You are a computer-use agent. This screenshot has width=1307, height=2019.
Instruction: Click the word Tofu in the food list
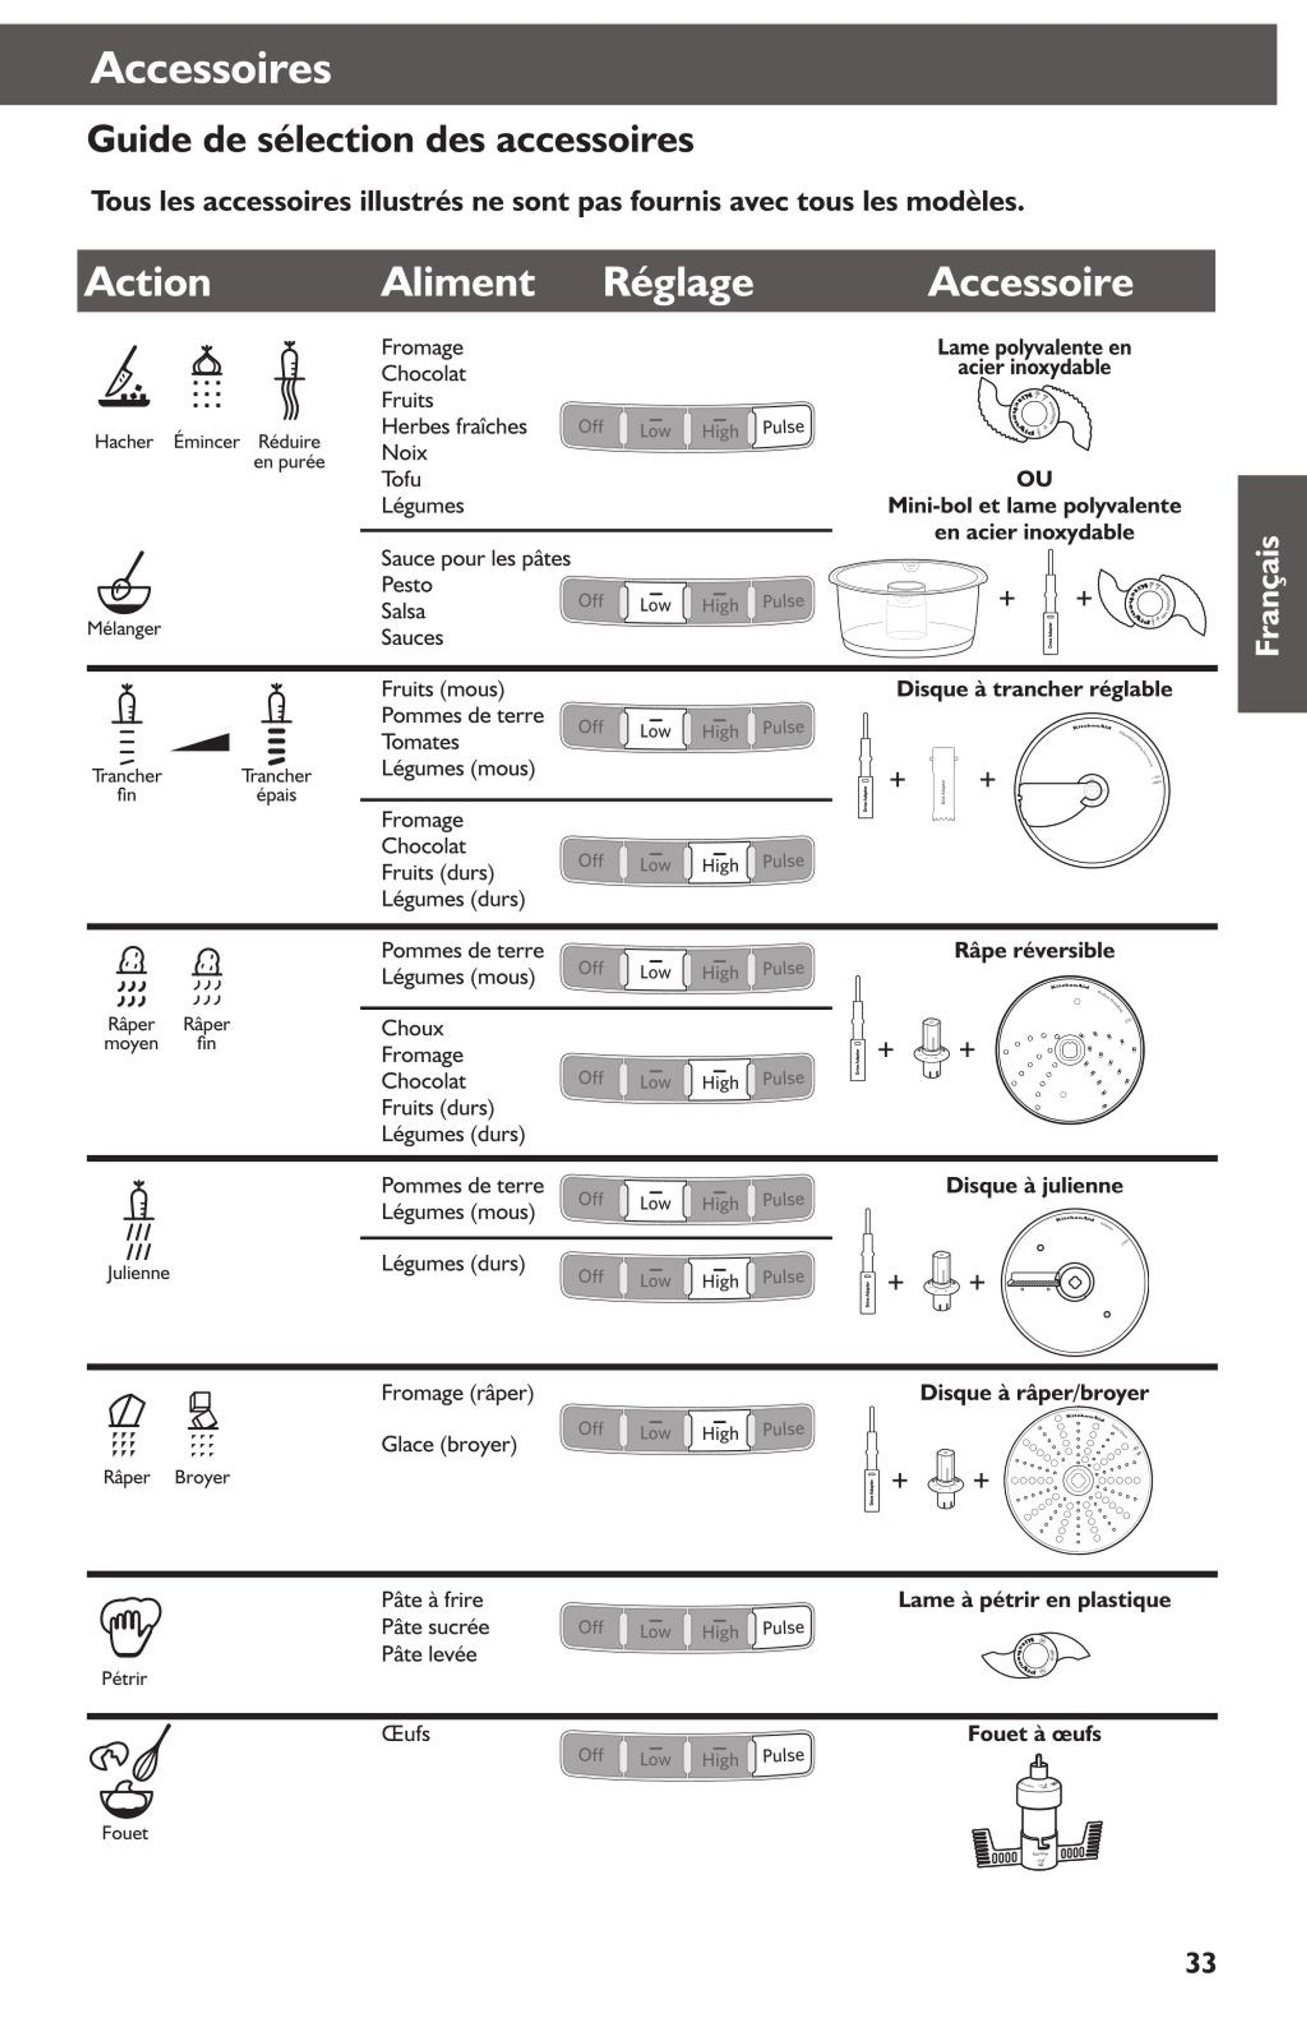(x=401, y=479)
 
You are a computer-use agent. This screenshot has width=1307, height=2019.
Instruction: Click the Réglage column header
(x=677, y=282)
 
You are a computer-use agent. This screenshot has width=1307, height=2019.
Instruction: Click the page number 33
(x=1200, y=1962)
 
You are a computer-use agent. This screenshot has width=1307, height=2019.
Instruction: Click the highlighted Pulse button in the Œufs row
(x=782, y=1755)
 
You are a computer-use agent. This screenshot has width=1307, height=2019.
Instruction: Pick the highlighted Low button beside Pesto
(x=655, y=604)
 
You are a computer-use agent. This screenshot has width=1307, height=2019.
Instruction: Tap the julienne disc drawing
(x=1075, y=1282)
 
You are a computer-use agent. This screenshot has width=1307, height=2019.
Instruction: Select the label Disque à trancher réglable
(x=1034, y=689)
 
